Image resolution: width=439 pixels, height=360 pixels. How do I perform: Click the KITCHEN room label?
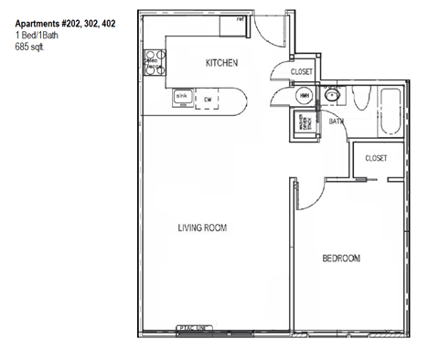[x=221, y=63]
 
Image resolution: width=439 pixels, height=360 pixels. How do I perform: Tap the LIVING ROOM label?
[x=202, y=228]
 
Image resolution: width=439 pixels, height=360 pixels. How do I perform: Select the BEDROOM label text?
[x=341, y=259]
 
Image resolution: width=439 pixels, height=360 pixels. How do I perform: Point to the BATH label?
[x=337, y=120]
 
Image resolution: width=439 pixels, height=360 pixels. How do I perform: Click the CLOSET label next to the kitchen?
[x=303, y=71]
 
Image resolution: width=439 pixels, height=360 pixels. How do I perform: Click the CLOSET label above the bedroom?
[x=376, y=158]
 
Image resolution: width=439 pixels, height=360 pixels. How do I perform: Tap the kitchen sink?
[x=182, y=97]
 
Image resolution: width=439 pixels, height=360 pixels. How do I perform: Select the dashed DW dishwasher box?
[x=209, y=99]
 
